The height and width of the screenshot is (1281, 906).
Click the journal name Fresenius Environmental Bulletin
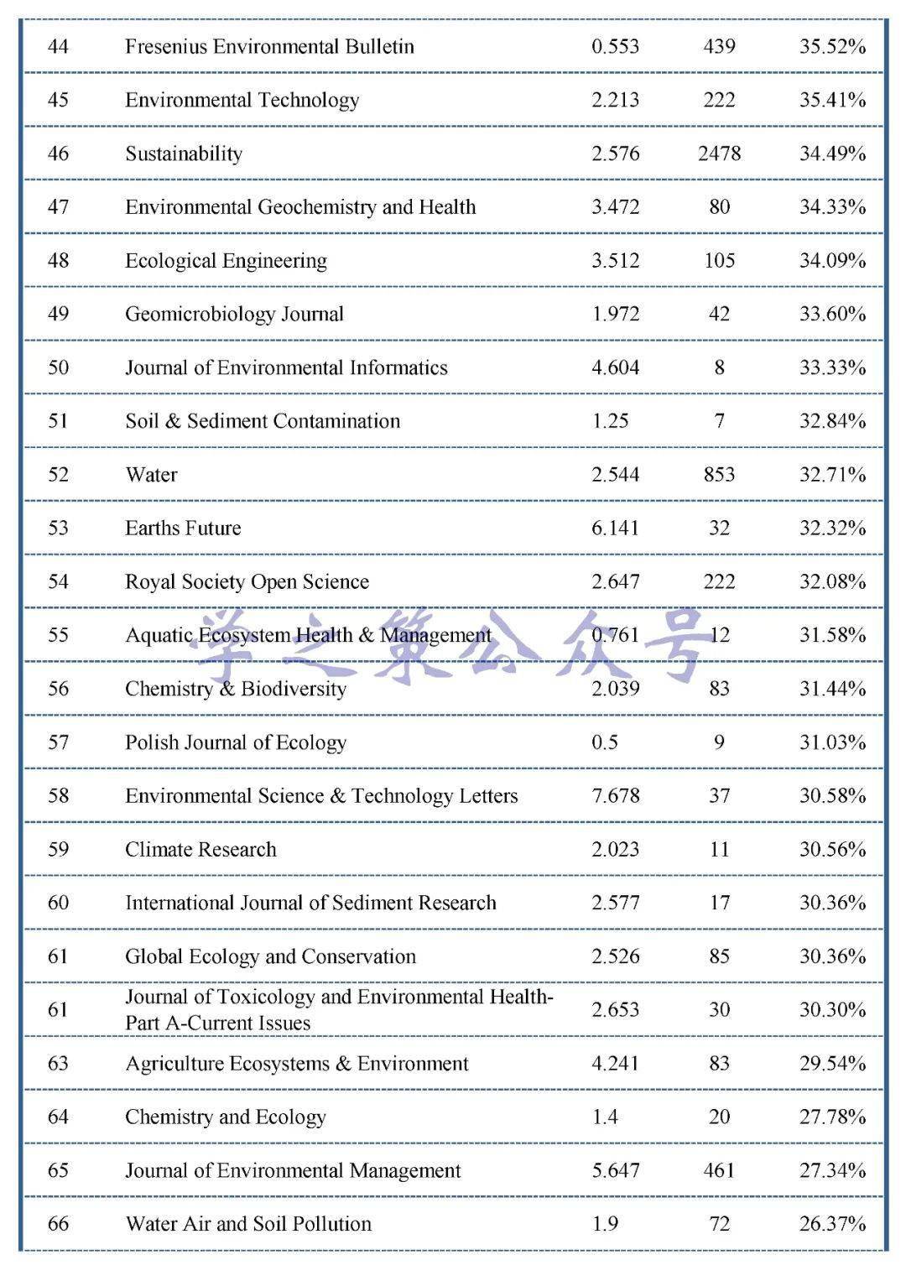pos(269,46)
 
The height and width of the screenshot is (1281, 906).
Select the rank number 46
pos(58,154)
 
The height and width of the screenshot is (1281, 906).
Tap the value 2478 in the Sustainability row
pos(719,154)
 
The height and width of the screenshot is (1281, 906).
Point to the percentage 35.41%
pos(831,100)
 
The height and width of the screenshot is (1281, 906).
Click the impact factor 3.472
pos(615,207)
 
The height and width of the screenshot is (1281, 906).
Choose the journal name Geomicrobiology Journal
pos(234,314)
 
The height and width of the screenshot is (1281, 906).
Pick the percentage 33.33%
pos(831,367)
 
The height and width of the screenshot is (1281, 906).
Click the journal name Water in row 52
pos(151,475)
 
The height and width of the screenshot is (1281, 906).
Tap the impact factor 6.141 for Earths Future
pos(615,528)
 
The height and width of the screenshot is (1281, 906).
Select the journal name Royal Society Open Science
pos(247,581)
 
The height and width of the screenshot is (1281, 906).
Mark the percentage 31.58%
pos(831,635)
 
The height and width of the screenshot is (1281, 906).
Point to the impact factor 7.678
pos(615,795)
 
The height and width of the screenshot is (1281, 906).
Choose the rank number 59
pos(58,849)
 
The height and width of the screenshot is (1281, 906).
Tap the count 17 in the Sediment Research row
pos(719,903)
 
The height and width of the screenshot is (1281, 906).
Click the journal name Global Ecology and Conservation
pos(270,956)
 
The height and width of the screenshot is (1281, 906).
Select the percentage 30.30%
pos(831,1009)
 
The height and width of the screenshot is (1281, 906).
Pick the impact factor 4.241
pos(615,1064)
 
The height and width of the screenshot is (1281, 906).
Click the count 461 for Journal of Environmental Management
pos(719,1170)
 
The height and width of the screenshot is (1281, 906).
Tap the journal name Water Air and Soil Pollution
pos(248,1224)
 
